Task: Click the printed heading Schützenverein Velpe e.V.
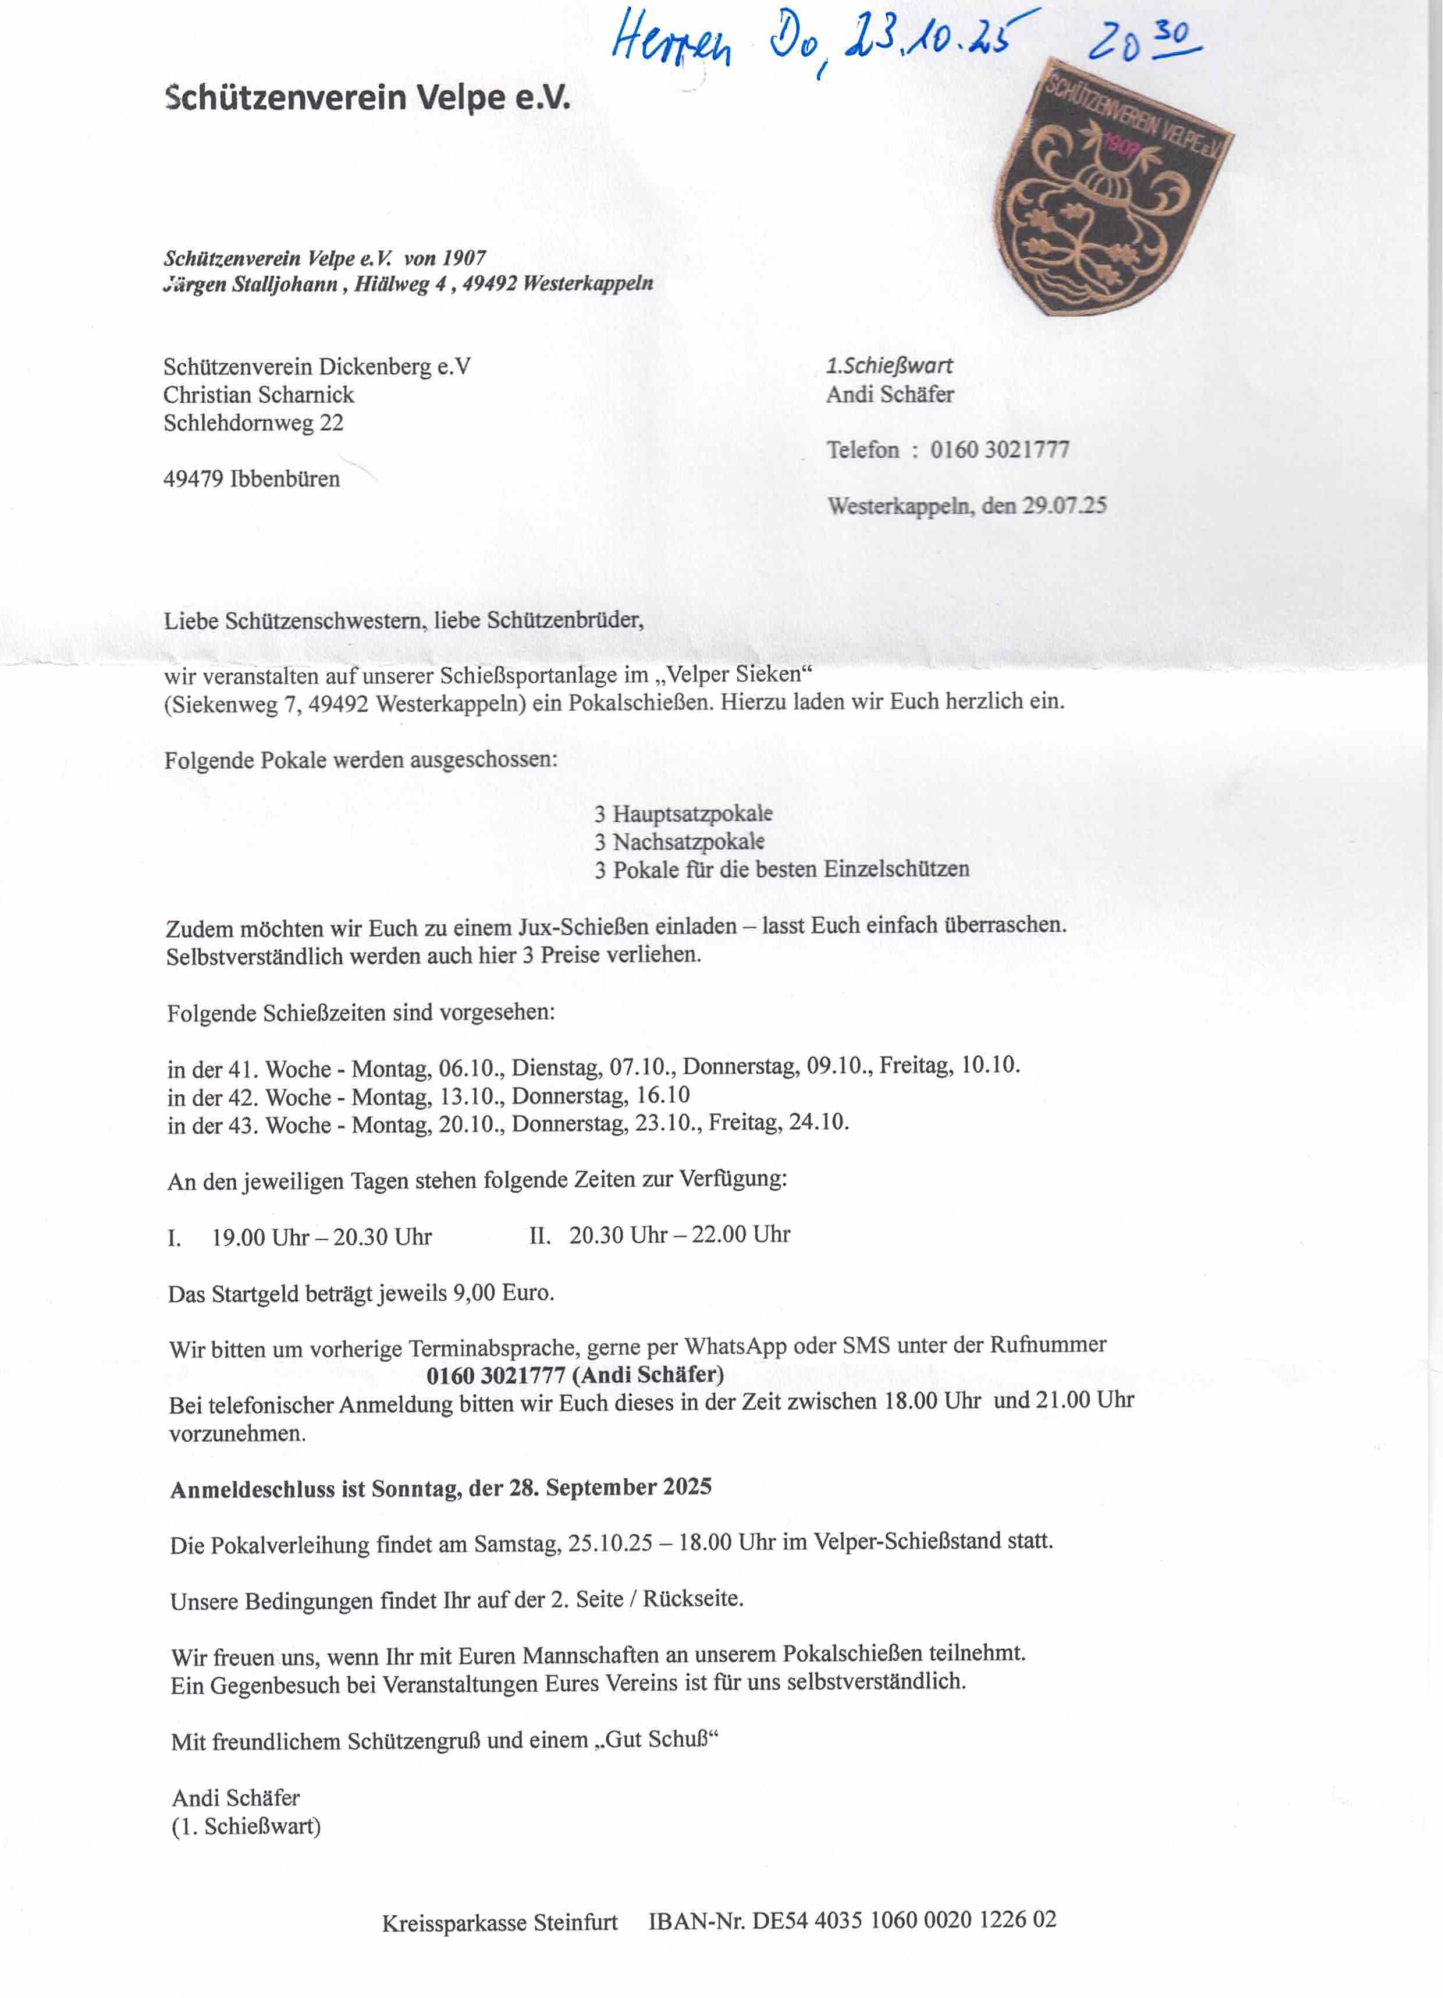click(x=367, y=97)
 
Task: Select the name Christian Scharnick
click(x=258, y=395)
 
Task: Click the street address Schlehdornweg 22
click(x=253, y=423)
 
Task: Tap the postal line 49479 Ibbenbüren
click(x=251, y=479)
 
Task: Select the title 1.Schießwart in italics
click(x=889, y=365)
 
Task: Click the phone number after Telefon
click(x=999, y=450)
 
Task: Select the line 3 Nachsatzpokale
click(x=678, y=842)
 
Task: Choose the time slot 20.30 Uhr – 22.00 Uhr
click(x=678, y=1235)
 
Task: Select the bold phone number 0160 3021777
click(x=495, y=1375)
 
